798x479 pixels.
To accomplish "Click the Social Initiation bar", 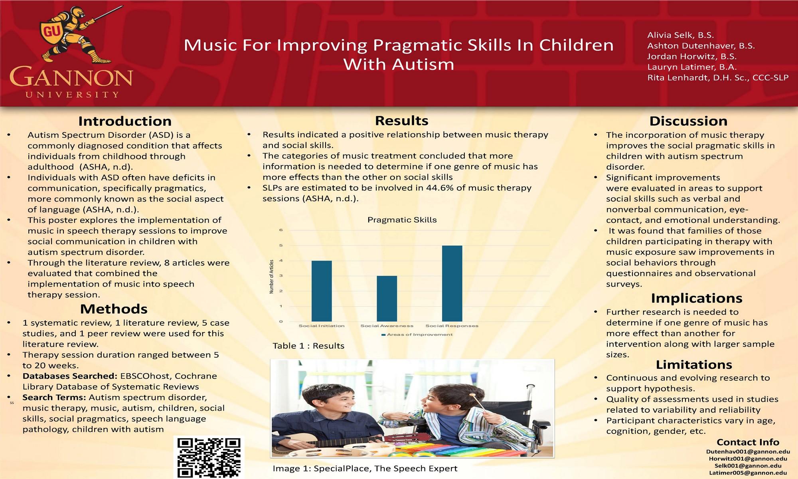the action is (x=322, y=291).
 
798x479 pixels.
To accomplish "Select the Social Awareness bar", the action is (x=387, y=299).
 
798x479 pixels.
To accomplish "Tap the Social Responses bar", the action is (x=452, y=283).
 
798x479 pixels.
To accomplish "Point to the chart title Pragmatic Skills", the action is (x=402, y=220).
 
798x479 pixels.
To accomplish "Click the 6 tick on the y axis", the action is (x=281, y=230).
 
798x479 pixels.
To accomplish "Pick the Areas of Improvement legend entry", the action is (x=417, y=335).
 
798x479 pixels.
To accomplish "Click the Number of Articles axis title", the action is (x=272, y=277).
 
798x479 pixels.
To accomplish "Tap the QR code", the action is (x=209, y=457).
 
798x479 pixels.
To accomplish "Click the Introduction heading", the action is (x=125, y=121).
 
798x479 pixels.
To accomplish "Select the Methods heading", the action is (x=114, y=309).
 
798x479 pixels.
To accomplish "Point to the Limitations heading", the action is (x=694, y=364).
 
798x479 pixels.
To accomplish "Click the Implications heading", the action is (x=697, y=298).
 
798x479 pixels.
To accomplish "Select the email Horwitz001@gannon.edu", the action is (x=748, y=459).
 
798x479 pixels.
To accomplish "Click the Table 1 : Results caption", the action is (x=308, y=346).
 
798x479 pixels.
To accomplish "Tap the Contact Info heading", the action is (x=748, y=442).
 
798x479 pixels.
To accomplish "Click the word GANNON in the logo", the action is (x=71, y=77).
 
